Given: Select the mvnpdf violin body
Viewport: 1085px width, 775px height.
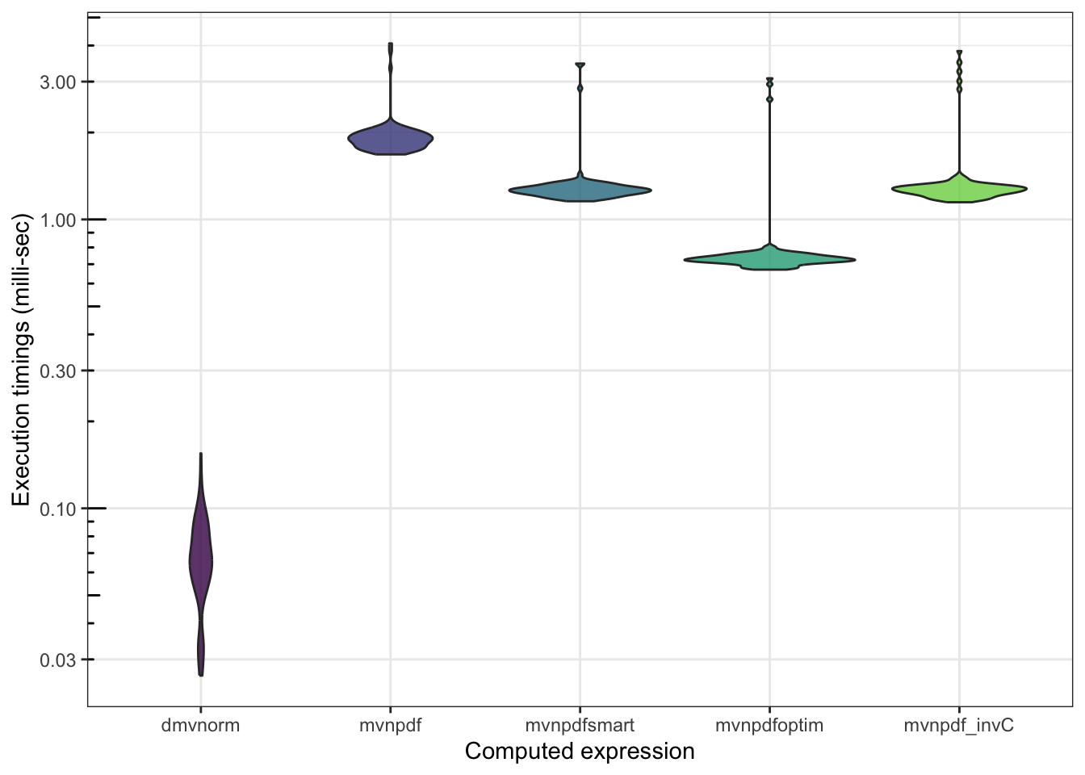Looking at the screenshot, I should [391, 140].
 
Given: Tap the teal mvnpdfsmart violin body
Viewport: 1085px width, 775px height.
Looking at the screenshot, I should [580, 191].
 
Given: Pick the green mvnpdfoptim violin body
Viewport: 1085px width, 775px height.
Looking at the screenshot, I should [769, 259].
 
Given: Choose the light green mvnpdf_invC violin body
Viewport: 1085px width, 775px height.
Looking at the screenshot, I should [959, 189].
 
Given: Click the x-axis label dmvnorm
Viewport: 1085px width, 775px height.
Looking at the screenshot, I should [200, 725].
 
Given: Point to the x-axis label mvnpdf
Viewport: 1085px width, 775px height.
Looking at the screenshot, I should [391, 725].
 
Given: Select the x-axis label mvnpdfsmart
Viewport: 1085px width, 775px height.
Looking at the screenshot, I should [580, 725].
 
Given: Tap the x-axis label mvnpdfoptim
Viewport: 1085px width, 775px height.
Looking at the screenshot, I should [769, 725].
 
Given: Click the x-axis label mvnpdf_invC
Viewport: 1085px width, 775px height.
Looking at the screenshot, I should [959, 725].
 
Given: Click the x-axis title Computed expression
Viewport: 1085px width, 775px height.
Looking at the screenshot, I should [580, 752].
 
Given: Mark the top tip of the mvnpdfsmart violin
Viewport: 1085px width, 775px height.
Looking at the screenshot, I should [580, 65].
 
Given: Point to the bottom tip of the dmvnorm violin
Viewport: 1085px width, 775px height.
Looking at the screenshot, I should [201, 675].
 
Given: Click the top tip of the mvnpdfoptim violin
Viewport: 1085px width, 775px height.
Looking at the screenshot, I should [769, 79].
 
